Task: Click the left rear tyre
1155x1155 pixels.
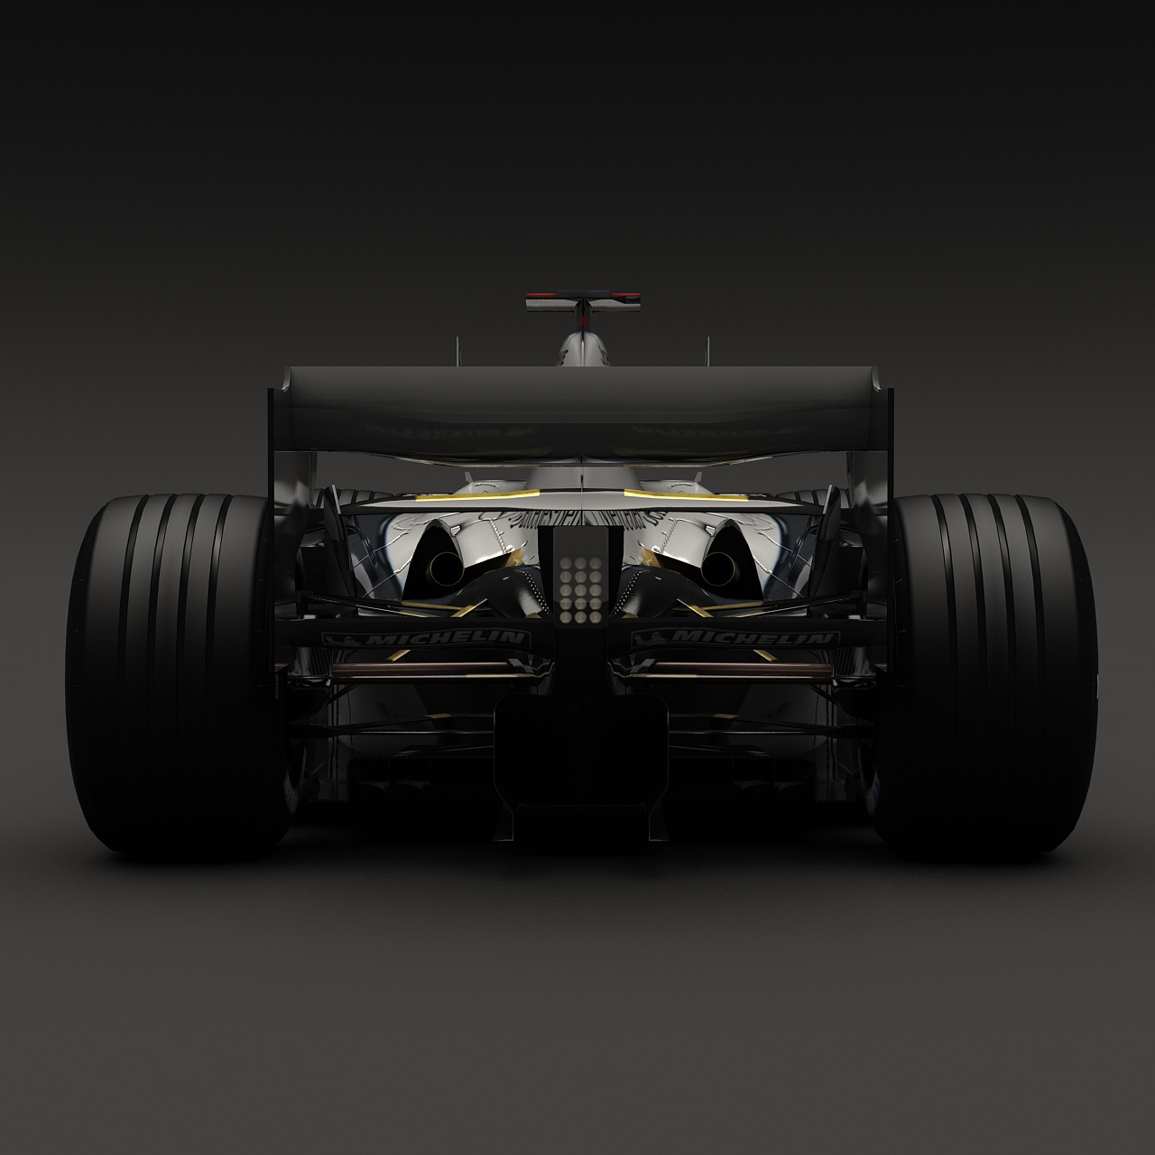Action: point(171,672)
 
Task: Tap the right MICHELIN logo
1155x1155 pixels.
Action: point(735,639)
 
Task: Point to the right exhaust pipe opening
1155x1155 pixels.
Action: point(718,567)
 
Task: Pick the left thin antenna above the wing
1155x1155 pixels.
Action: point(457,352)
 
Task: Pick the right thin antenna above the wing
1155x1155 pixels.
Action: point(707,352)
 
